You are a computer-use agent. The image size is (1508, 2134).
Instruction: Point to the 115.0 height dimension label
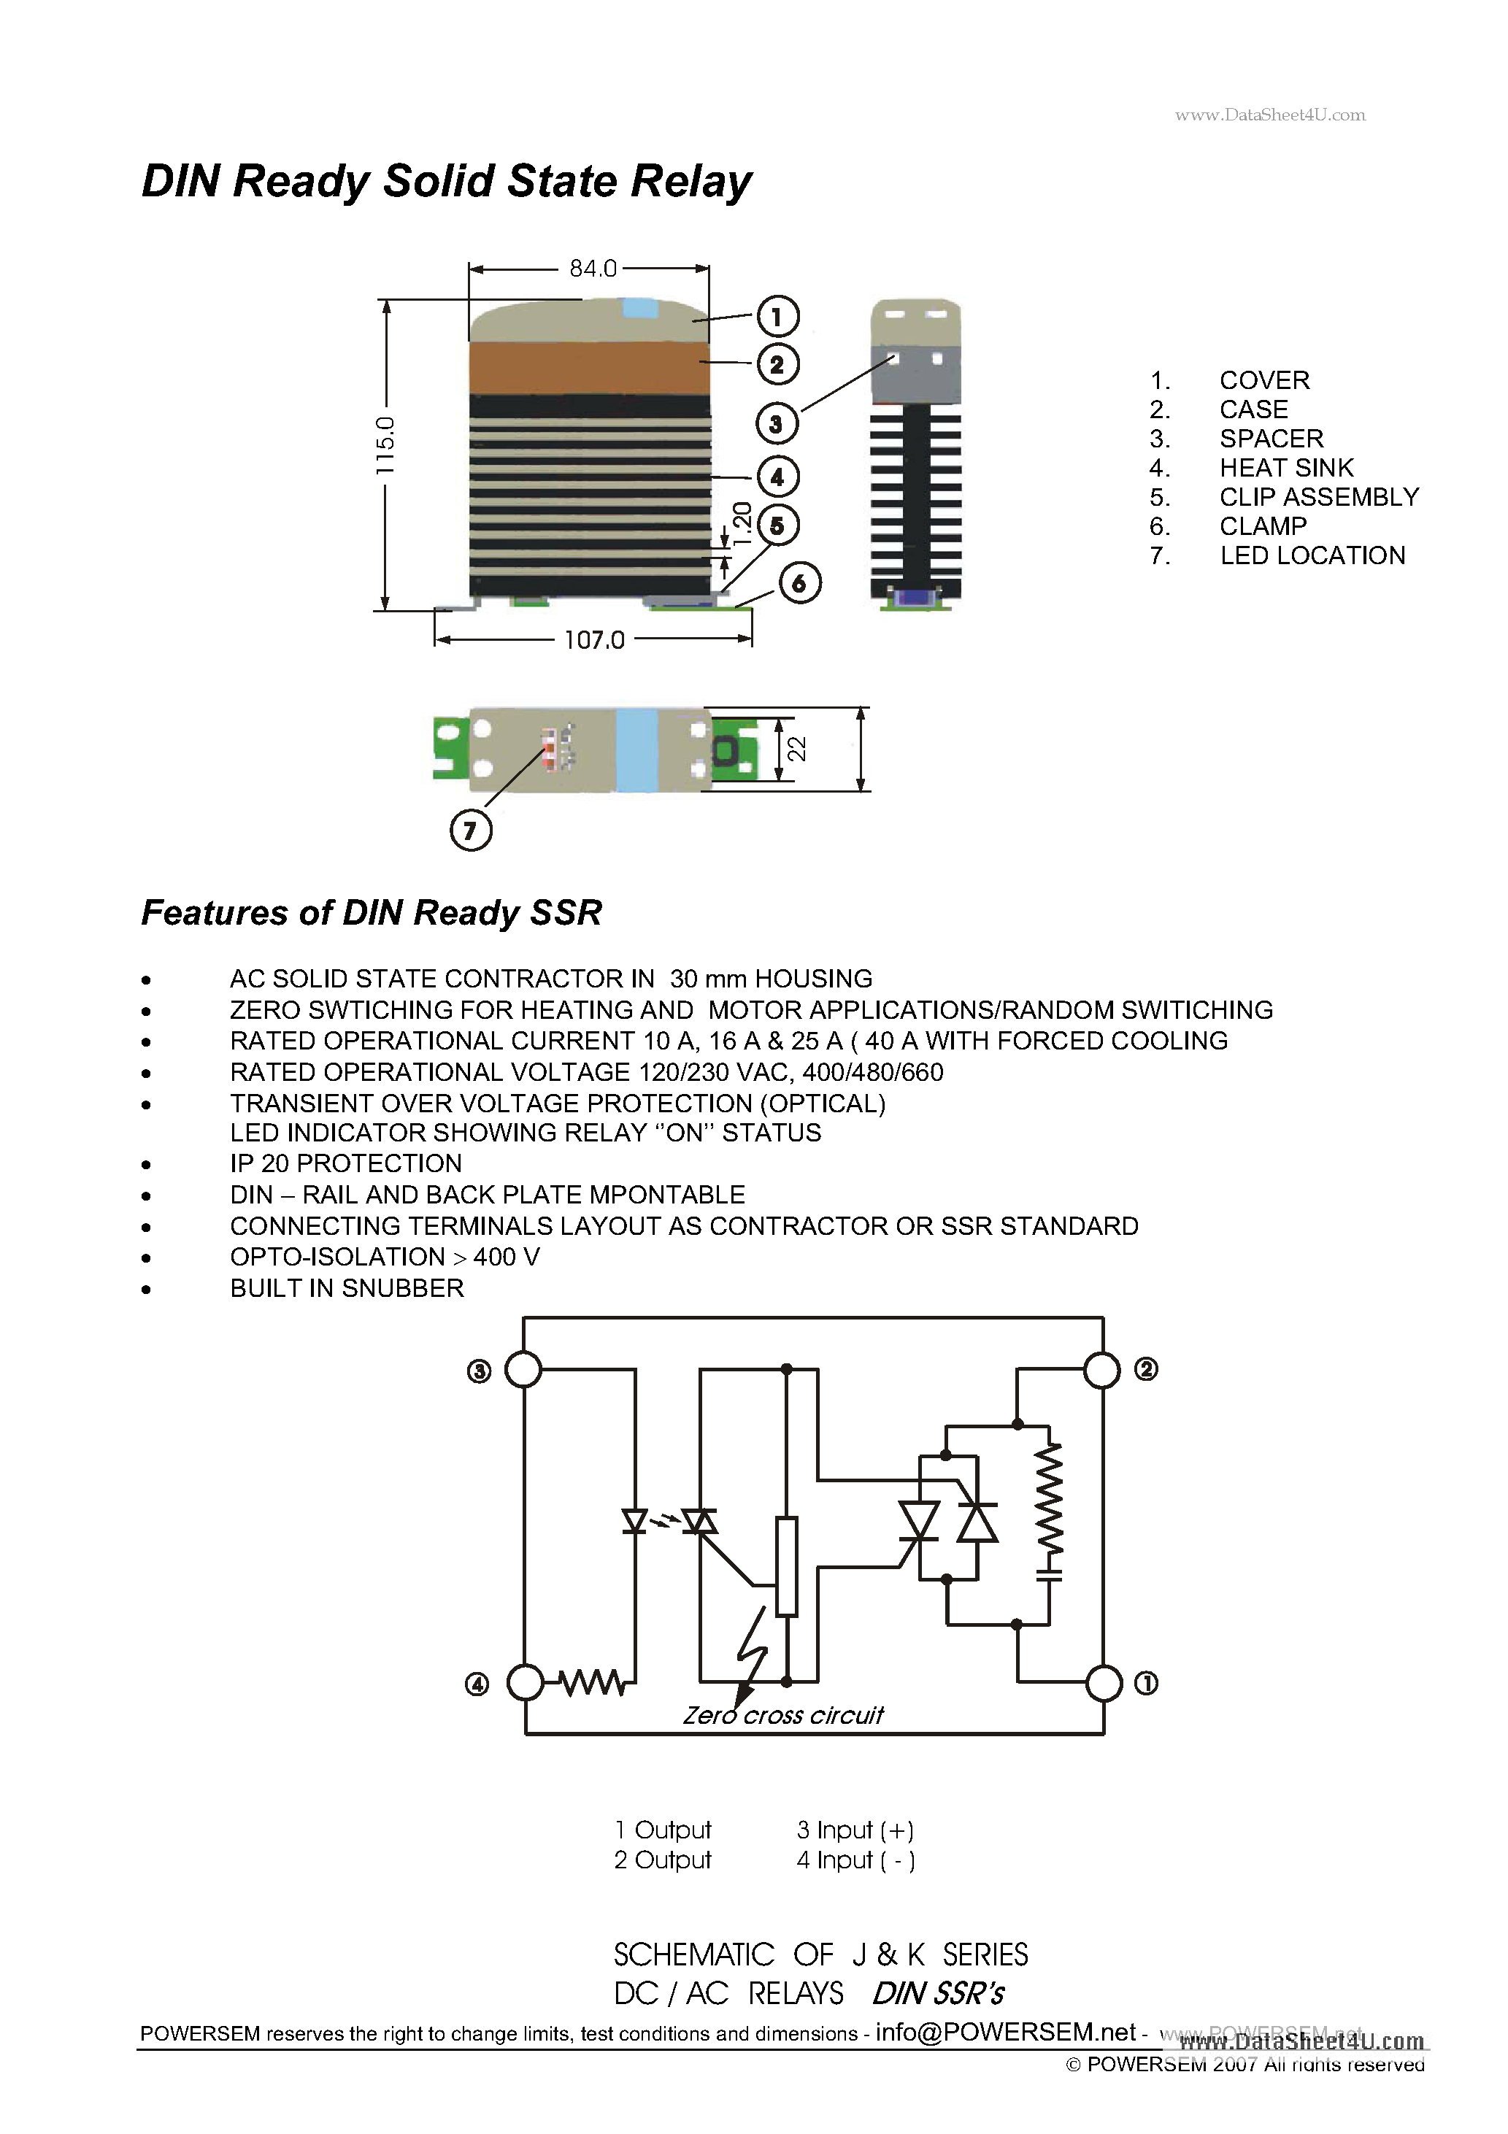[x=385, y=446]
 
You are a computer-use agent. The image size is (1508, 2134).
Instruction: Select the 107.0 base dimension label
[x=594, y=640]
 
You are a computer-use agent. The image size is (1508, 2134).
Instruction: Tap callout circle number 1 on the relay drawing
[x=777, y=316]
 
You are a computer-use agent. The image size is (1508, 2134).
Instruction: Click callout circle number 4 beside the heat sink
[x=777, y=478]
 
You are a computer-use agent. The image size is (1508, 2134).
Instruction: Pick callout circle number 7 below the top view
[x=471, y=830]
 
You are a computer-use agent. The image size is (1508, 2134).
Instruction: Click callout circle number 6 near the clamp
[x=799, y=584]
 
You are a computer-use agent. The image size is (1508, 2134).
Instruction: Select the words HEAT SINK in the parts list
[x=1286, y=468]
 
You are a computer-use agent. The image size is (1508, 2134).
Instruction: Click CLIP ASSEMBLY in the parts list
[x=1318, y=497]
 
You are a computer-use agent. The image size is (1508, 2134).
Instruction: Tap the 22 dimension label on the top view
[x=797, y=749]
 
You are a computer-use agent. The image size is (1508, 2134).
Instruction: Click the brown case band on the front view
[x=590, y=367]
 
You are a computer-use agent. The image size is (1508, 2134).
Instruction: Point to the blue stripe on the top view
[x=637, y=749]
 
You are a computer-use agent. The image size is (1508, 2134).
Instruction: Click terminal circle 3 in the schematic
[x=523, y=1369]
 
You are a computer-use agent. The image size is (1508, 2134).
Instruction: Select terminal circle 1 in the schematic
[x=1104, y=1683]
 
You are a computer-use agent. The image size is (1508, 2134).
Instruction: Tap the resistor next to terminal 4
[x=592, y=1682]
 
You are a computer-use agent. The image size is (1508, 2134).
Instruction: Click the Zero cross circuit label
[x=782, y=1716]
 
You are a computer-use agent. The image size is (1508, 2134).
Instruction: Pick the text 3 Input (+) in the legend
[x=855, y=1830]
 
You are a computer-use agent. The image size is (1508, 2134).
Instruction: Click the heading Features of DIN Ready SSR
[x=371, y=913]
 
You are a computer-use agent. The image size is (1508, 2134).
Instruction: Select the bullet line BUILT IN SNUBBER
[x=347, y=1288]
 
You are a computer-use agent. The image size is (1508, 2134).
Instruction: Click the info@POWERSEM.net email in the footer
[x=1005, y=2033]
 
